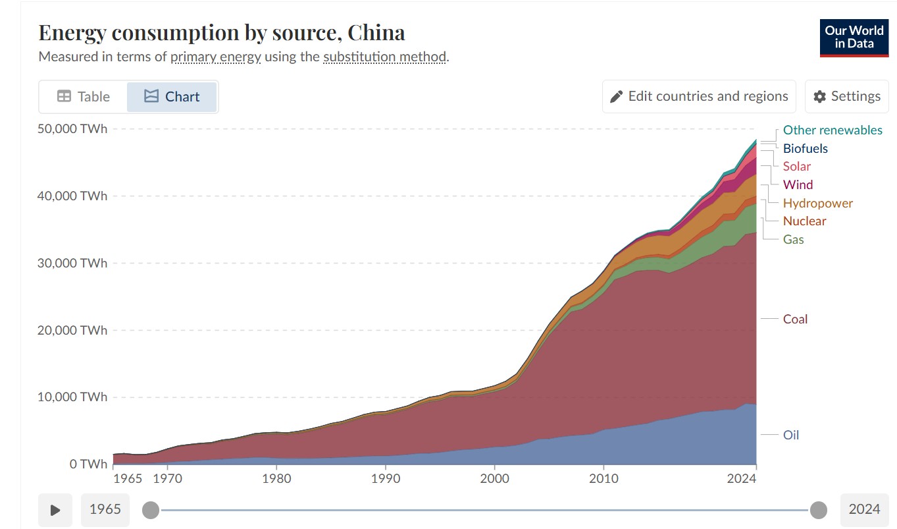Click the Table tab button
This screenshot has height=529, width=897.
83,97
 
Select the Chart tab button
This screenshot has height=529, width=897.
172,97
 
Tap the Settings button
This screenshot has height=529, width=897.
846,97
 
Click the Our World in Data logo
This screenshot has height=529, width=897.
854,38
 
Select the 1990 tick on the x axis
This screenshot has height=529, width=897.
386,478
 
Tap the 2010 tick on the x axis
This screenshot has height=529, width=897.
604,478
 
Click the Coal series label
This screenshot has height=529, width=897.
795,319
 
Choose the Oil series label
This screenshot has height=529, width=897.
791,435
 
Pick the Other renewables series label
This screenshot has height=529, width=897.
833,130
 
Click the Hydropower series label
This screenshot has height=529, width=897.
817,203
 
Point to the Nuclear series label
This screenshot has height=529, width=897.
804,221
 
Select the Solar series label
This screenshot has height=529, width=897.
796,167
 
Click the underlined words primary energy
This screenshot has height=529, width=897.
216,57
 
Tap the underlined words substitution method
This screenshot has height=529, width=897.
384,57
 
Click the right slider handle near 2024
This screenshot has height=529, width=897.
819,510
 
